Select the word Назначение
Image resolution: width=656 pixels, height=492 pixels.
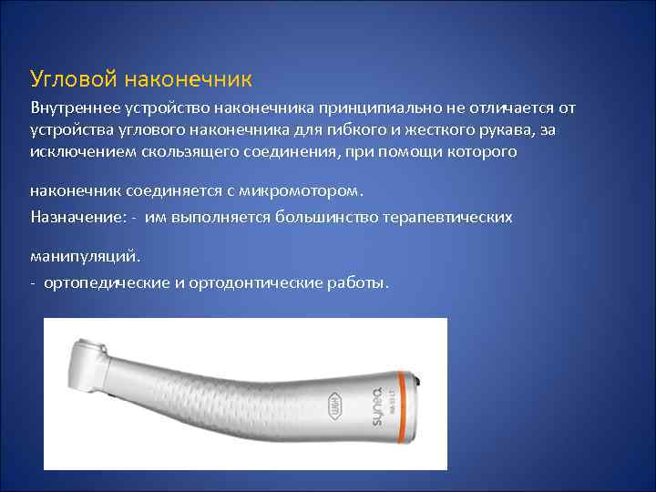click(x=73, y=217)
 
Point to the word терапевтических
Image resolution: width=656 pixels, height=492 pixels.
click(x=447, y=217)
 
